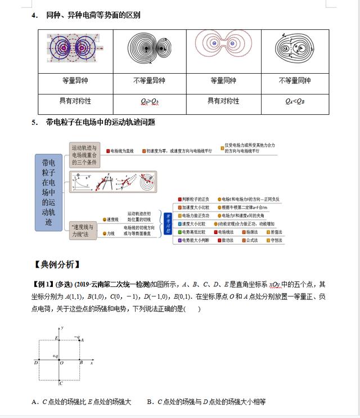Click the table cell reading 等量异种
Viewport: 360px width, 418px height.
pyautogui.click(x=75, y=80)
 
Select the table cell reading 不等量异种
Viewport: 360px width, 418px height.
pyautogui.click(x=149, y=80)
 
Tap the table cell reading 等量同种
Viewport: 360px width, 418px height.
pyautogui.click(x=223, y=80)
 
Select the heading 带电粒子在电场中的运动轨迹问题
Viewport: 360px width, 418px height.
pyautogui.click(x=101, y=122)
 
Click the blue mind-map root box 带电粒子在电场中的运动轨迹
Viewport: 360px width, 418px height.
pyautogui.click(x=49, y=192)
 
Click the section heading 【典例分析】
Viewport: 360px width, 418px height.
pyautogui.click(x=57, y=264)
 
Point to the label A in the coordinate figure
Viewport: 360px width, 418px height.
pyautogui.click(x=82, y=340)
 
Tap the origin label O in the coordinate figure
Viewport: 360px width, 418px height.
pyautogui.click(x=62, y=363)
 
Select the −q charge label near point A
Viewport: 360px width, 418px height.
pyautogui.click(x=76, y=336)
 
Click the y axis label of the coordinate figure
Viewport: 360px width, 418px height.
pyautogui.click(x=62, y=327)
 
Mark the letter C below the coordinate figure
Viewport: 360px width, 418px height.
pyautogui.click(x=61, y=384)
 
